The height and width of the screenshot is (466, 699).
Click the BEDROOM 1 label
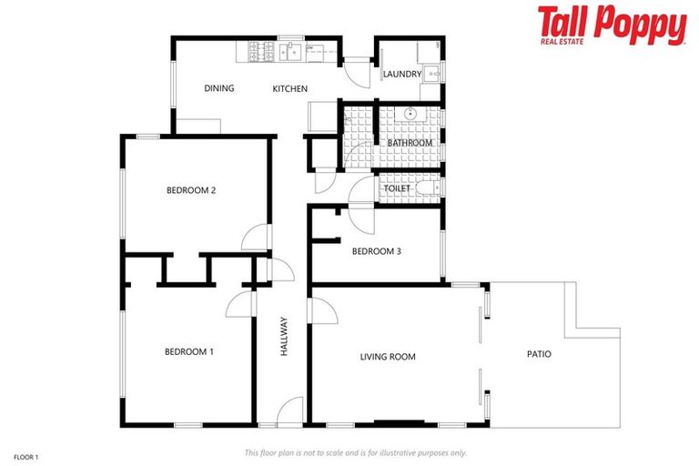tap(188, 351)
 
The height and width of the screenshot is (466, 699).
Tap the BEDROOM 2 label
tap(190, 190)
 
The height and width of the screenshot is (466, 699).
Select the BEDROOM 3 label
tap(376, 251)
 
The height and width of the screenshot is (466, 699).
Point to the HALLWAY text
tap(284, 336)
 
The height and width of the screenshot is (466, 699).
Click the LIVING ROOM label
tap(388, 357)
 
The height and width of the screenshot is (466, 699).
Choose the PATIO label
tap(539, 354)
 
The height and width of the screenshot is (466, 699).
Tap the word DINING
tap(219, 88)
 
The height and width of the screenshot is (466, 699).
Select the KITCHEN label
tap(290, 89)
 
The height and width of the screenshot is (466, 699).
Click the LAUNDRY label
tap(401, 74)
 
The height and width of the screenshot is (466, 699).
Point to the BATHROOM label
tap(410, 143)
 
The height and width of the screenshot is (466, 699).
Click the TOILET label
tap(410, 188)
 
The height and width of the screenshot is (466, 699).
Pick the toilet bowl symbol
tap(429, 187)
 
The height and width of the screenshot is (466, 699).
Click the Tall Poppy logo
tap(612, 25)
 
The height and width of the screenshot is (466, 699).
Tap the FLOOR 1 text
tap(26, 454)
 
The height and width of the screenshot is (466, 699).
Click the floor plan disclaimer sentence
tap(355, 452)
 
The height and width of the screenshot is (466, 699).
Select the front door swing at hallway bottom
tap(291, 412)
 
